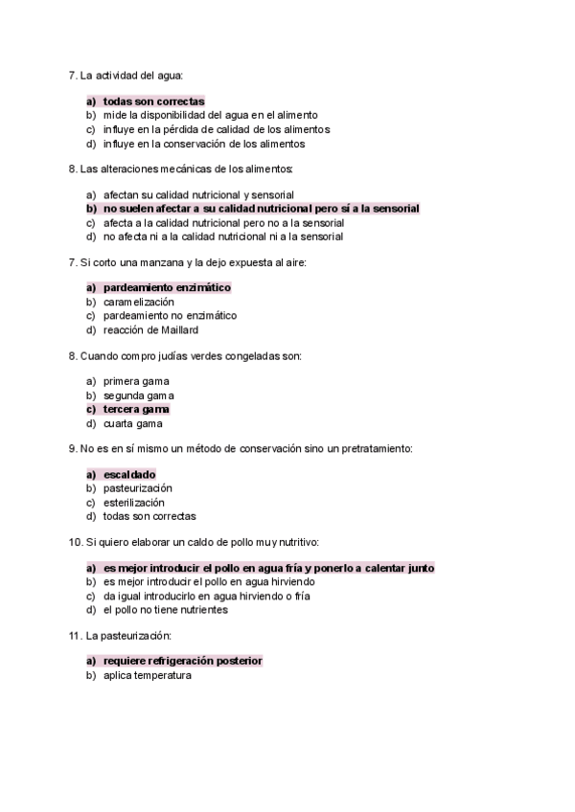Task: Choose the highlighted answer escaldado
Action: coord(128,474)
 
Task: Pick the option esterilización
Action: coord(134,502)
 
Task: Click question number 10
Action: coord(75,542)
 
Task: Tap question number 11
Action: coord(75,635)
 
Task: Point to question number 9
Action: coord(73,448)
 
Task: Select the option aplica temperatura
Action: coord(148,675)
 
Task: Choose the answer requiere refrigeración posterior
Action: coord(182,661)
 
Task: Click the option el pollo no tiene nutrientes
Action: coord(166,609)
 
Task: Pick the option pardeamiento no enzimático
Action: coord(170,315)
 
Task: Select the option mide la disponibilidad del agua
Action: coord(210,115)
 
